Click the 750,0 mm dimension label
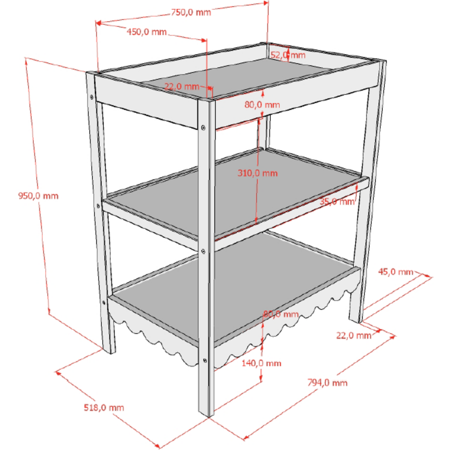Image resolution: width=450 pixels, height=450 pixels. pyautogui.click(x=191, y=12)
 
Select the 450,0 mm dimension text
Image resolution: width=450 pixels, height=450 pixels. pyautogui.click(x=147, y=31)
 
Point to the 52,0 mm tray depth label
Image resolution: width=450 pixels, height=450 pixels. pyautogui.click(x=288, y=55)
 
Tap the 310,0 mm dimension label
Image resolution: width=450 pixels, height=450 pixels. pyautogui.click(x=257, y=173)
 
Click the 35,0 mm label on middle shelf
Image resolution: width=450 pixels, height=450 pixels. pyautogui.click(x=337, y=202)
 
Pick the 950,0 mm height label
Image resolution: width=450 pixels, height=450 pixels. pyautogui.click(x=38, y=196)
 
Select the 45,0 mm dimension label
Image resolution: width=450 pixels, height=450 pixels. pyautogui.click(x=396, y=271)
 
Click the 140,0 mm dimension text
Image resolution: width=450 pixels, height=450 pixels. pyautogui.click(x=261, y=363)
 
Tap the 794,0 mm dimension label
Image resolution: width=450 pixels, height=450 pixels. pyautogui.click(x=328, y=382)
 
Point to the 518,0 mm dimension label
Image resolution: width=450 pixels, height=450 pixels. pyautogui.click(x=104, y=408)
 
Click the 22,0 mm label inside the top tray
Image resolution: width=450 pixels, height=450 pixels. pyautogui.click(x=182, y=86)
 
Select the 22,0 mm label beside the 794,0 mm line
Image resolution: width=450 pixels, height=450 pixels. pyautogui.click(x=354, y=335)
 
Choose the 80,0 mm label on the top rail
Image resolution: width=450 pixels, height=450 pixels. pyautogui.click(x=262, y=104)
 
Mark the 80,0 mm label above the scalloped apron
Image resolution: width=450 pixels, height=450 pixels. pyautogui.click(x=281, y=314)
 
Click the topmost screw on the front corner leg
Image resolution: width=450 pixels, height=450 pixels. pyautogui.click(x=203, y=127)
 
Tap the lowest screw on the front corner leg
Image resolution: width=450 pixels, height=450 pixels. pyautogui.click(x=205, y=360)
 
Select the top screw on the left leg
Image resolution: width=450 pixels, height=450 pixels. pyautogui.click(x=91, y=97)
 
